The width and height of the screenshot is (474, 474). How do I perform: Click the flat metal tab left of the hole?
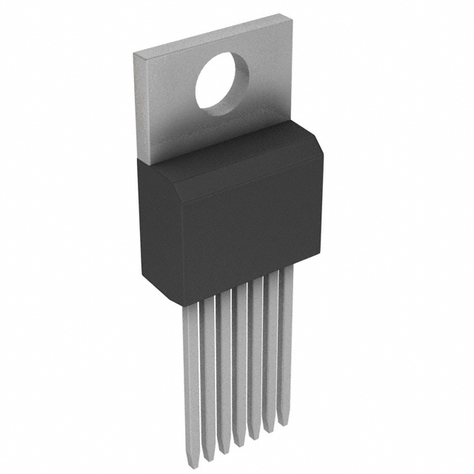tap(167, 111)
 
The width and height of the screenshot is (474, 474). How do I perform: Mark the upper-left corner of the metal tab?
tap(133, 56)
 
